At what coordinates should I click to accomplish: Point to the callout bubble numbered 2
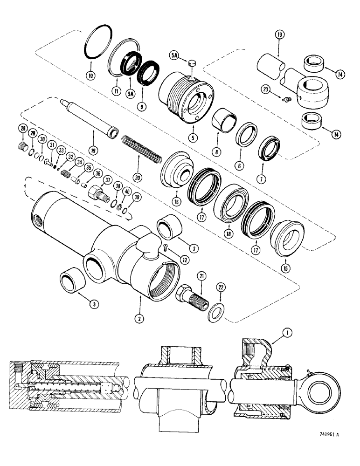tap(139, 319)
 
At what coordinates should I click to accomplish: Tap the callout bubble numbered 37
tap(107, 180)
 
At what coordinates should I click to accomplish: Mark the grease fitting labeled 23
tap(287, 98)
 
